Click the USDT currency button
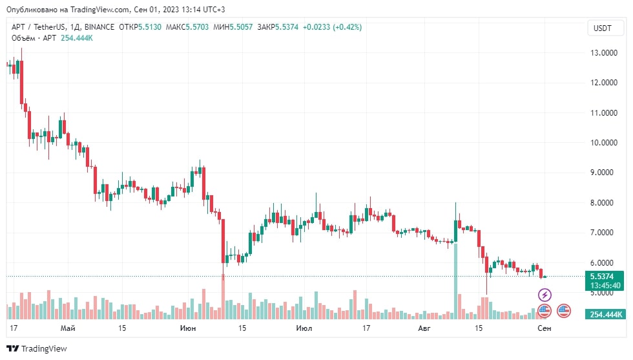pyautogui.click(x=602, y=28)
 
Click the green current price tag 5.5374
pyautogui.click(x=606, y=276)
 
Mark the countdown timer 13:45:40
pyautogui.click(x=606, y=285)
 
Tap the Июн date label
pyautogui.click(x=189, y=329)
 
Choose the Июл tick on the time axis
pyautogui.click(x=304, y=329)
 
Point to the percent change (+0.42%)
pyautogui.click(x=347, y=27)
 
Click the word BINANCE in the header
pyautogui.click(x=98, y=27)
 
